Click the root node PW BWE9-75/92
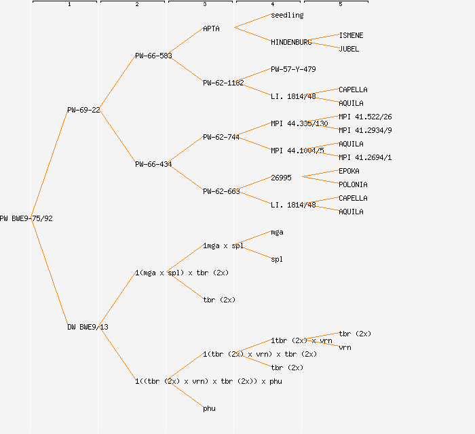coord(26,218)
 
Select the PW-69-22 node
coord(83,110)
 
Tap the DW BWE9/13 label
coord(88,327)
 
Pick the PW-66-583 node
coord(153,56)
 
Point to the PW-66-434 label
coord(153,164)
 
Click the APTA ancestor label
coord(211,28)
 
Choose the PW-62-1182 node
coord(223,83)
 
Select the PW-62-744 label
coord(221,137)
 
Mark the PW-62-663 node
coord(221,191)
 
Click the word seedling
coord(287,15)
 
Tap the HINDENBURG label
coord(291,42)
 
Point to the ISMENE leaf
coord(351,35)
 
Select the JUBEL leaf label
coord(349,49)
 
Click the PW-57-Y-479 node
coord(293,69)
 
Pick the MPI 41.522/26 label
coord(365,117)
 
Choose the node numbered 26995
coord(281,178)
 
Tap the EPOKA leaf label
coord(349,171)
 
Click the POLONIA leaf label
coord(353,184)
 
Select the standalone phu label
coord(209,408)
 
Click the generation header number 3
coord(204,5)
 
